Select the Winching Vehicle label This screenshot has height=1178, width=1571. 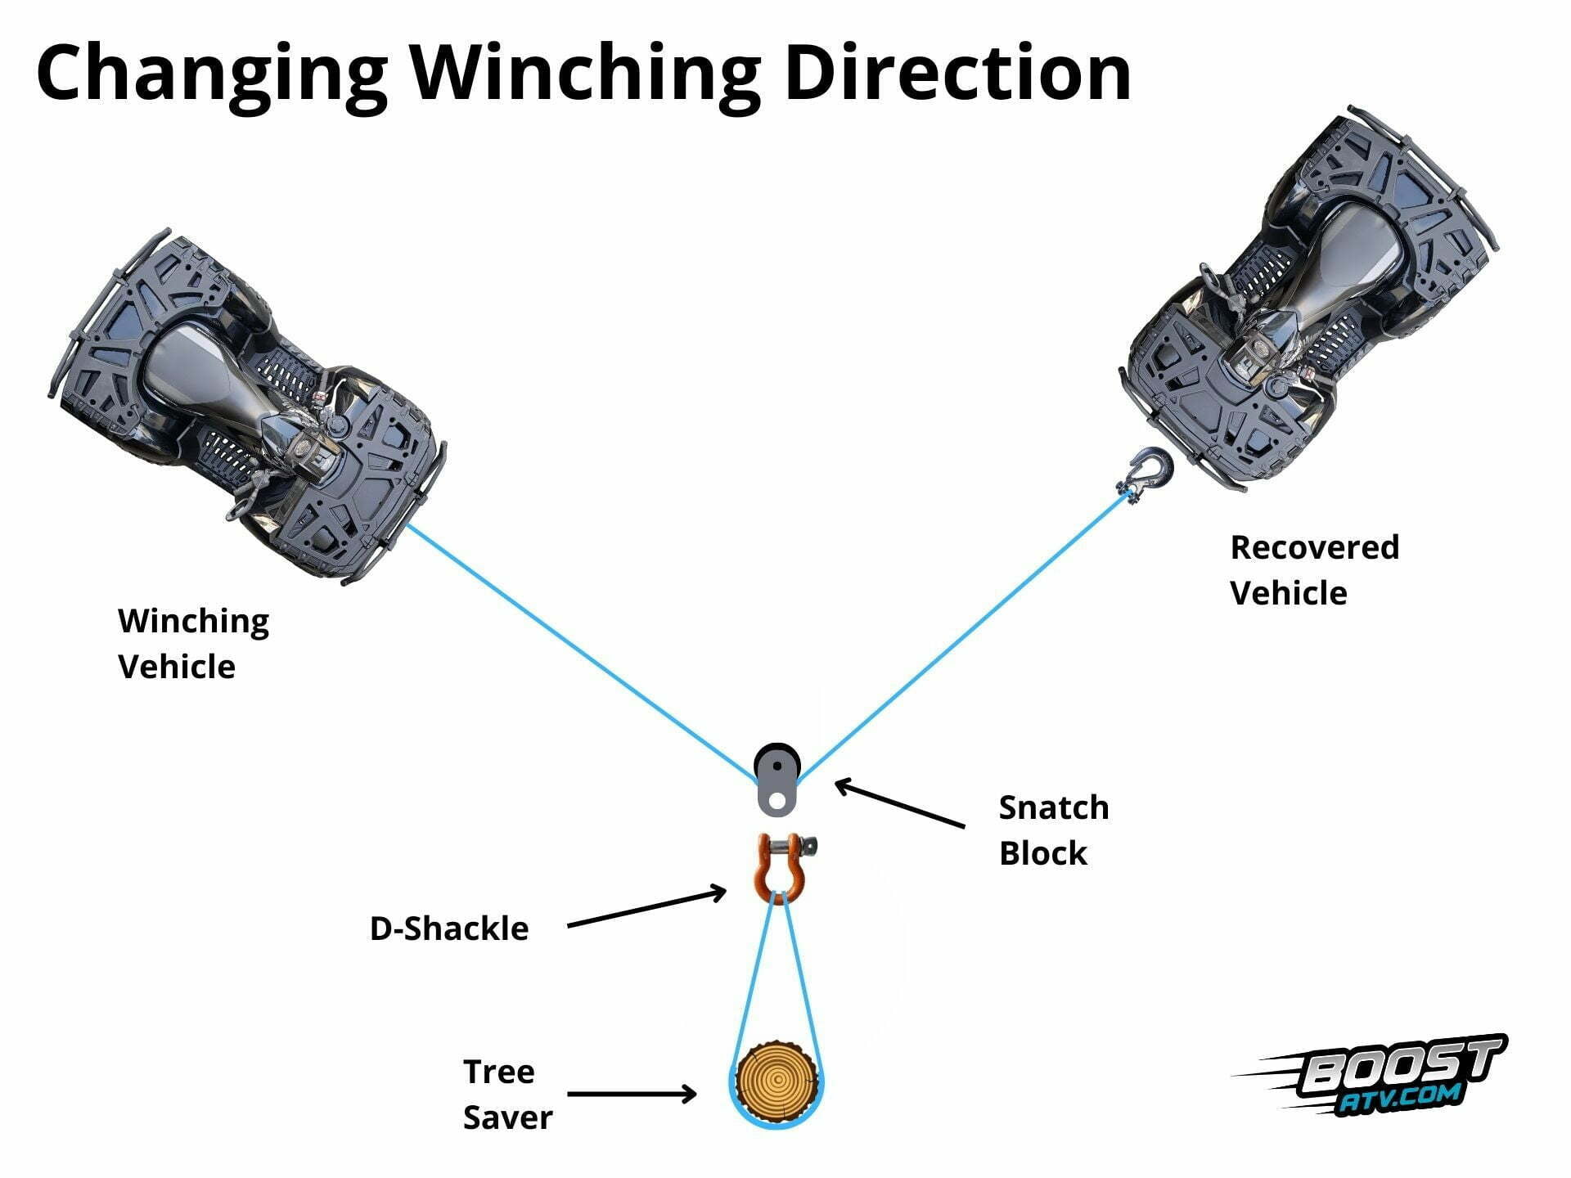pyautogui.click(x=193, y=644)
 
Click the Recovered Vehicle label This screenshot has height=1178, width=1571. pyautogui.click(x=1314, y=570)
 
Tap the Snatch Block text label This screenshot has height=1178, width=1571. pyautogui.click(x=1053, y=830)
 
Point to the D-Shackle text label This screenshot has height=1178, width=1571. pyautogui.click(x=449, y=928)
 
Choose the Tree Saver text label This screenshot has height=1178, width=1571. pyautogui.click(x=507, y=1095)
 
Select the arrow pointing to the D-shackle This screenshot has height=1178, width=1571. pyautogui.click(x=646, y=909)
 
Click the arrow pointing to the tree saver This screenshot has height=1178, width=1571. pyautogui.click(x=631, y=1094)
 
